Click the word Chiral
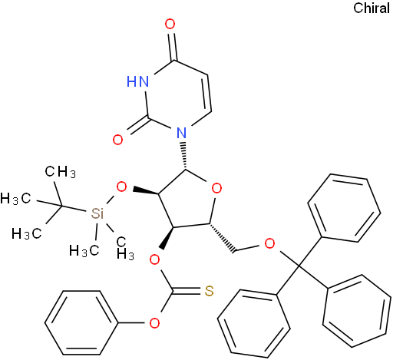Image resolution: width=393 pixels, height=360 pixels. pyautogui.click(x=372, y=8)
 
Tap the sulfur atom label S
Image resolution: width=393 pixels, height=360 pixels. pyautogui.click(x=209, y=291)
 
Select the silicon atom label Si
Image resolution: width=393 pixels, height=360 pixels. pyautogui.click(x=97, y=213)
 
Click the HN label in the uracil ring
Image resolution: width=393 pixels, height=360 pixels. pyautogui.click(x=137, y=81)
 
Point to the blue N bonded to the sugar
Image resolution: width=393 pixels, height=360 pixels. pyautogui.click(x=181, y=133)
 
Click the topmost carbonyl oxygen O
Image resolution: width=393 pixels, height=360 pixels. pyautogui.click(x=170, y=25)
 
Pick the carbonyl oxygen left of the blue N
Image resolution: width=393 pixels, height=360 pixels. pyautogui.click(x=117, y=140)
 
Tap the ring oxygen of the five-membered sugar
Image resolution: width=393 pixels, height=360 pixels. pyautogui.click(x=216, y=189)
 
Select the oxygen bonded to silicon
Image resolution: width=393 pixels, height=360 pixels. pyautogui.click(x=121, y=187)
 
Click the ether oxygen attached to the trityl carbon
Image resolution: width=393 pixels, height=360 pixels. pyautogui.click(x=269, y=244)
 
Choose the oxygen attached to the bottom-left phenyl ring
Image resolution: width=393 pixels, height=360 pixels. pyautogui.click(x=154, y=323)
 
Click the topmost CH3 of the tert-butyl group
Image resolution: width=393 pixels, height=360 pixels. pyautogui.click(x=61, y=171)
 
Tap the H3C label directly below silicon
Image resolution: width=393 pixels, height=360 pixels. pyautogui.click(x=84, y=250)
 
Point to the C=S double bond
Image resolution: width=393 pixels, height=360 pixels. pyautogui.click(x=187, y=291)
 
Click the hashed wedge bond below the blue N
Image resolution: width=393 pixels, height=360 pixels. pyautogui.click(x=183, y=156)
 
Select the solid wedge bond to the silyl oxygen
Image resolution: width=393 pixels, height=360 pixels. pyautogui.click(x=146, y=192)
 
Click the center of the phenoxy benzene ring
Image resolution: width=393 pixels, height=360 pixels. pyautogui.click(x=81, y=322)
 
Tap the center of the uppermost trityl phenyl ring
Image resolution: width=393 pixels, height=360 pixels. pyautogui.click(x=344, y=208)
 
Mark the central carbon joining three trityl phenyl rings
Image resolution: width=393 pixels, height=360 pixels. pyautogui.click(x=299, y=266)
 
